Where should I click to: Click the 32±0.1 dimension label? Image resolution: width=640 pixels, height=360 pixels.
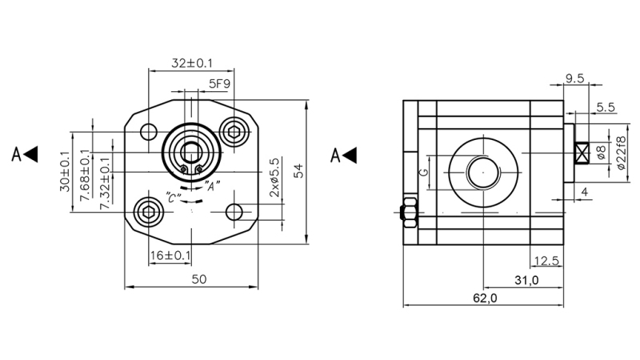pyautogui.click(x=191, y=62)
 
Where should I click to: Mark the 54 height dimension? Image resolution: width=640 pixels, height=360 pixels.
pyautogui.click(x=298, y=171)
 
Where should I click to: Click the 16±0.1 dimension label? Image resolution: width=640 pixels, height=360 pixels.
pyautogui.click(x=170, y=255)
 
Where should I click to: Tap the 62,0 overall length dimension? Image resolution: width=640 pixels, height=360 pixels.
pyautogui.click(x=484, y=298)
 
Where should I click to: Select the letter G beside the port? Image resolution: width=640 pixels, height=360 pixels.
pyautogui.click(x=425, y=172)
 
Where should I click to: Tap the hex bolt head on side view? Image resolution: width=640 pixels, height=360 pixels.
pyautogui.click(x=406, y=212)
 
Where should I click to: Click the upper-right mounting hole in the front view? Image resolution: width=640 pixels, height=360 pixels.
pyautogui.click(x=234, y=132)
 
